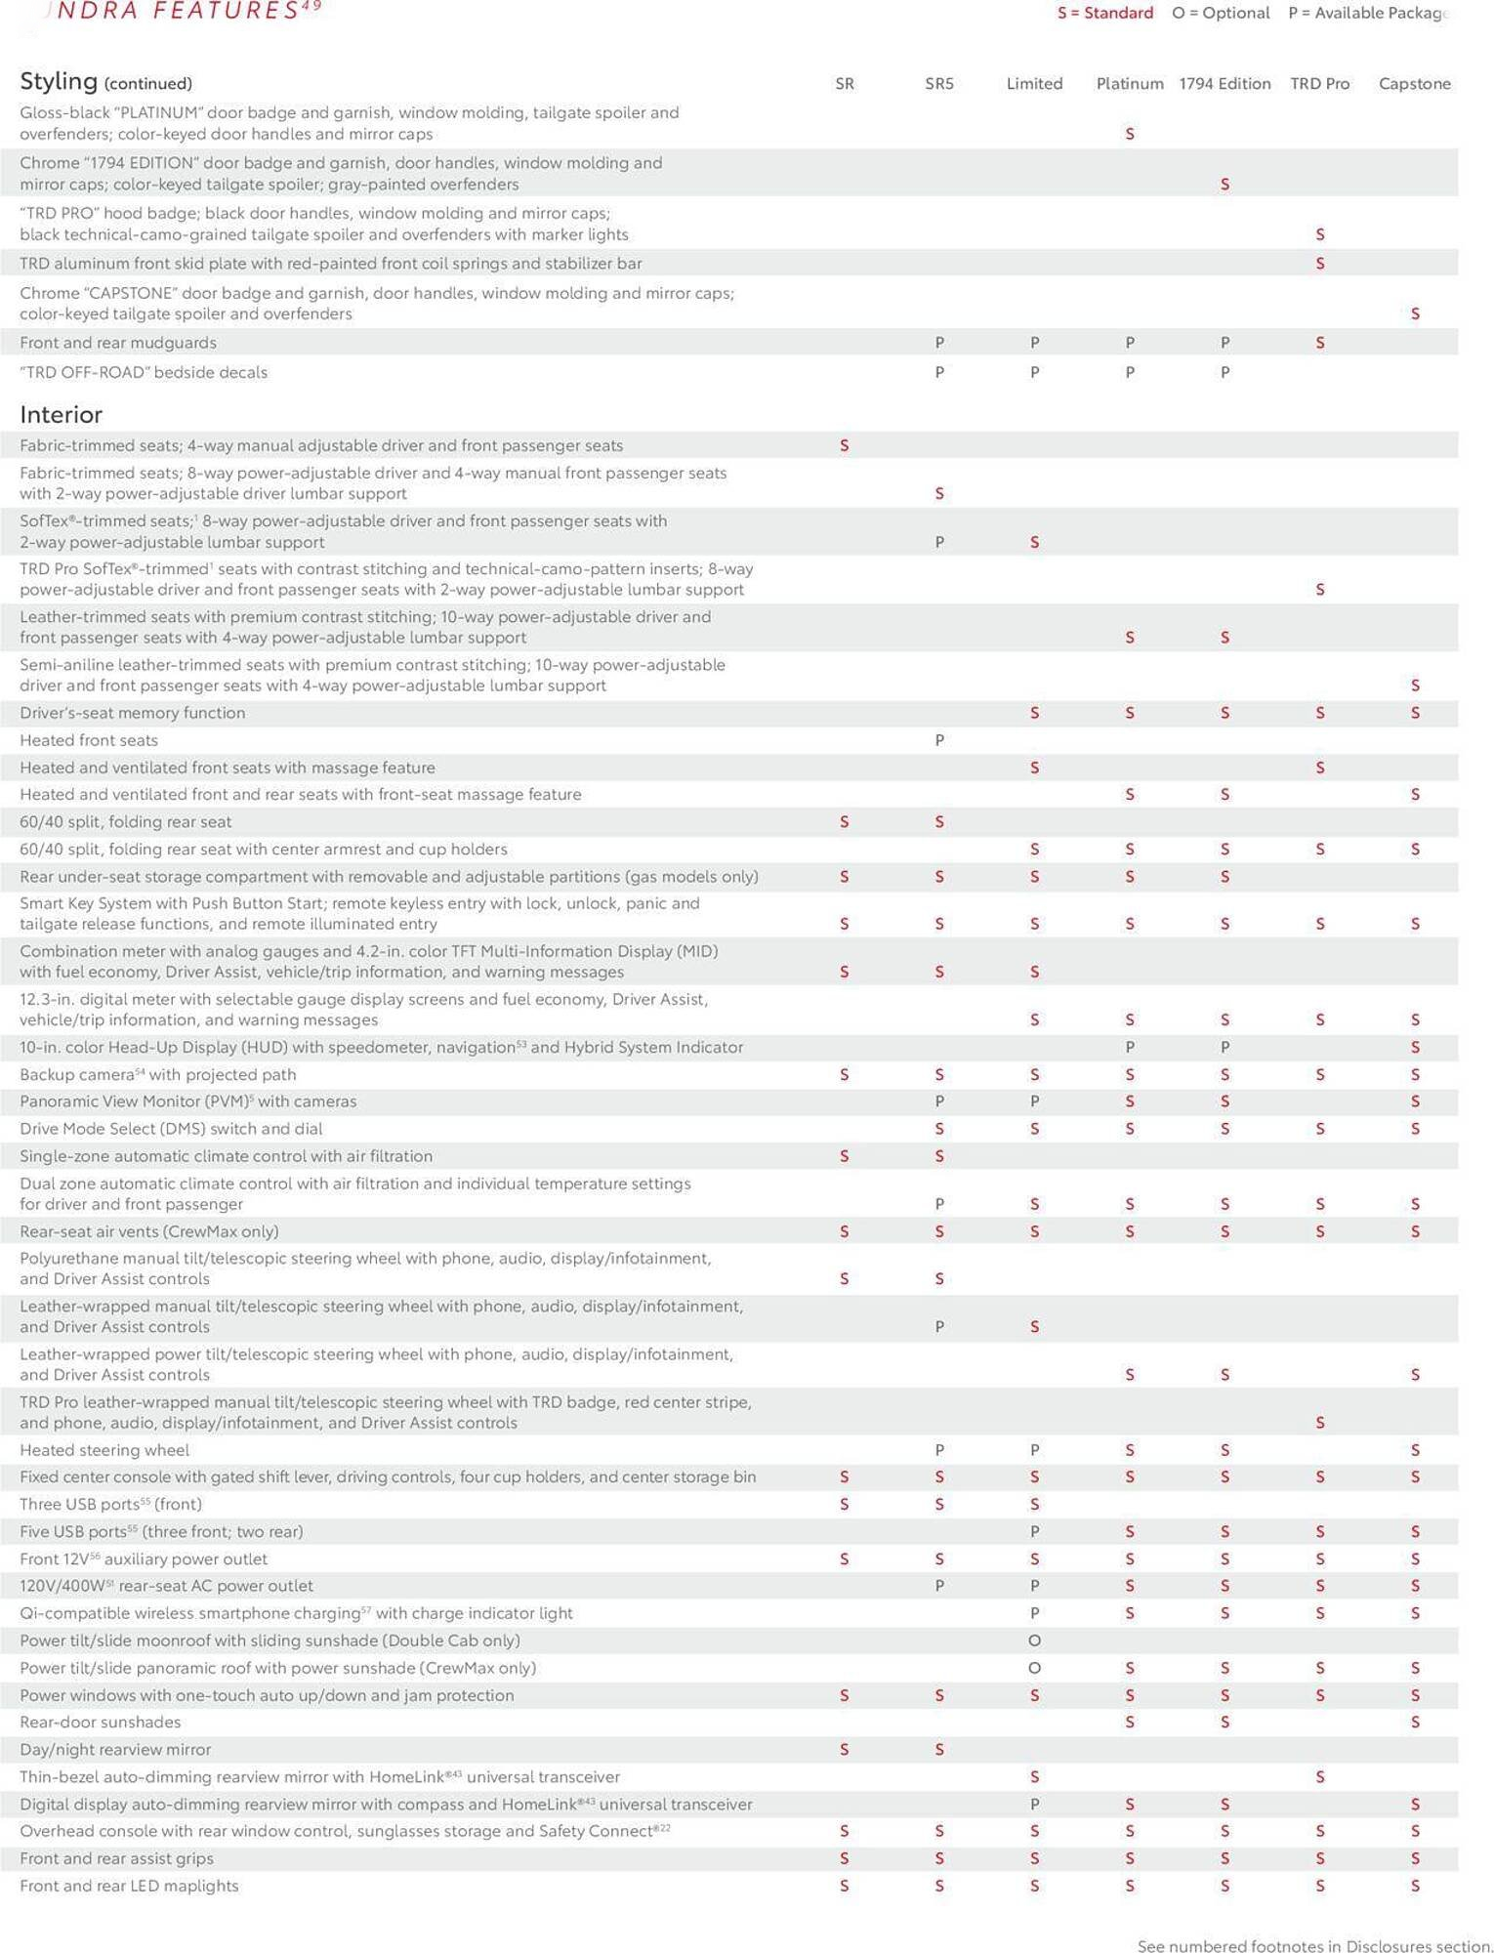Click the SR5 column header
(938, 84)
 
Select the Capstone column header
(1414, 84)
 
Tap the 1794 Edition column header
(1224, 84)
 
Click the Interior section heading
(61, 415)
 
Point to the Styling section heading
(59, 81)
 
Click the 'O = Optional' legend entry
(1221, 13)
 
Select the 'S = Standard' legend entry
(1105, 13)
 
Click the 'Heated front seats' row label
(89, 741)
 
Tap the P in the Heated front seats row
(939, 741)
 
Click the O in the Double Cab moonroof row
(1034, 1641)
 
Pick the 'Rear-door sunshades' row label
(100, 1723)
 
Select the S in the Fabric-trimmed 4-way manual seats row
(845, 446)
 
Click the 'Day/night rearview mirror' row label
(115, 1750)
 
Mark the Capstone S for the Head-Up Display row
(1415, 1048)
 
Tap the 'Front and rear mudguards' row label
(118, 343)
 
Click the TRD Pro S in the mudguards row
(1320, 343)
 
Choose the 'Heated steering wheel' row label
(104, 1450)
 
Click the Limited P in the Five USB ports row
(1034, 1532)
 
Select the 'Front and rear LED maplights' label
(129, 1886)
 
